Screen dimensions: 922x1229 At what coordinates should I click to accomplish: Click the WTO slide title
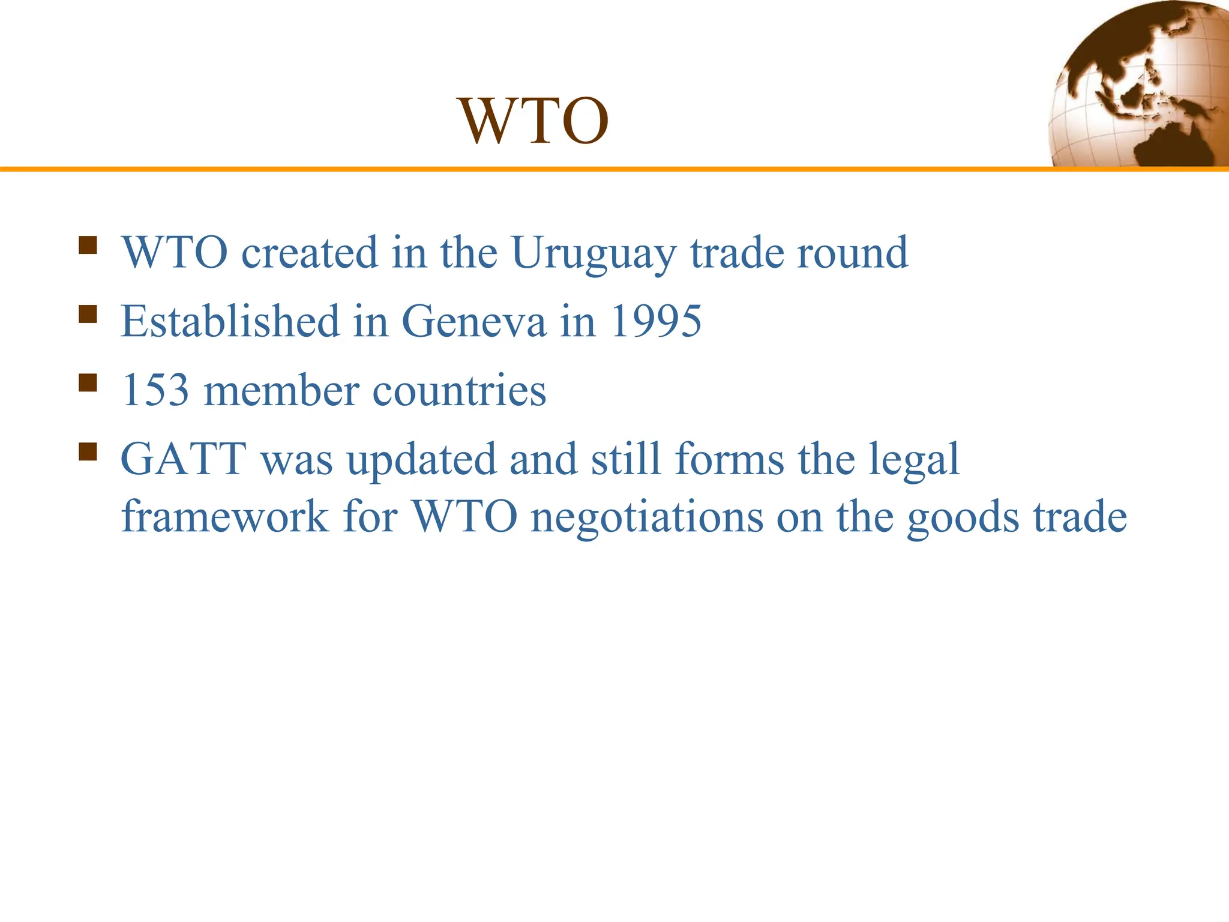coord(533,121)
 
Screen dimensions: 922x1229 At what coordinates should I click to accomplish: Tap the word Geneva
coord(473,322)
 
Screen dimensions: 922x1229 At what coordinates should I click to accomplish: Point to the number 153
coord(155,391)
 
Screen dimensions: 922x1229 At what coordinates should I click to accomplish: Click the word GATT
coord(184,460)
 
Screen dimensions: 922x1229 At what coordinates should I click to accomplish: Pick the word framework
coord(225,517)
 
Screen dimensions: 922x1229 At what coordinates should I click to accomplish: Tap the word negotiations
coord(647,517)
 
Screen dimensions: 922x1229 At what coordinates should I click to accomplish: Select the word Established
coord(230,322)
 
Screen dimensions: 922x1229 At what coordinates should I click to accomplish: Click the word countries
coord(459,391)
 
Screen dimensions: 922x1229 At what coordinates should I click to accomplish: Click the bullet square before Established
coord(88,314)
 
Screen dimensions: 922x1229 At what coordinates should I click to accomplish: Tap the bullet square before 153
coord(88,383)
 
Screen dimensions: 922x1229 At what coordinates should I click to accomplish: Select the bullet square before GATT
coord(88,451)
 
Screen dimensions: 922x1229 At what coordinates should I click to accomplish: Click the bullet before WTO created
coord(88,246)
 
